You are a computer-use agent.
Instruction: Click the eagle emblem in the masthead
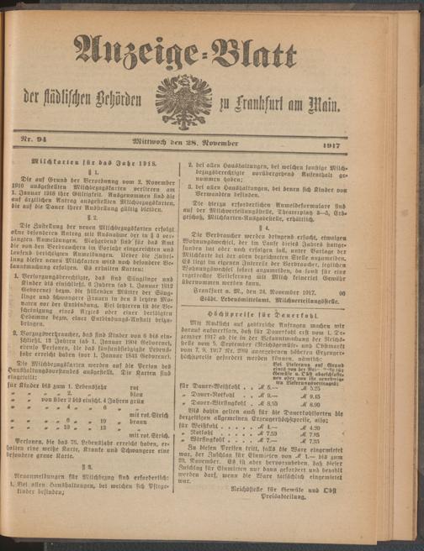click(183, 102)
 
